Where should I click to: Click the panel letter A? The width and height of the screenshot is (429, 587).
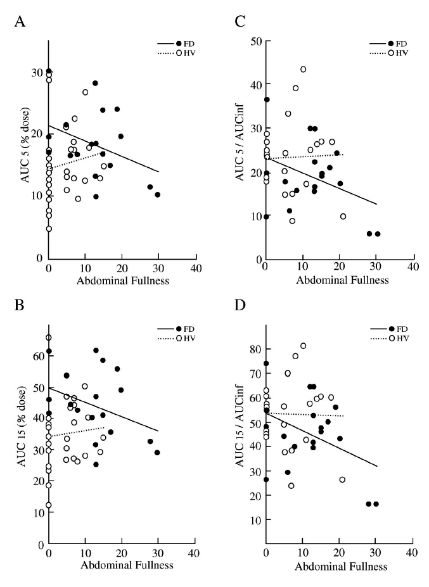20,23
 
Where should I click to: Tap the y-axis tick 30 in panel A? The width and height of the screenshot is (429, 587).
36,72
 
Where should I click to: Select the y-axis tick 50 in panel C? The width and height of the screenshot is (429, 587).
255,42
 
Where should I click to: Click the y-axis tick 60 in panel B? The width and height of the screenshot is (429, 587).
36,357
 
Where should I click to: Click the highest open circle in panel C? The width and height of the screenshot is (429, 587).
303,69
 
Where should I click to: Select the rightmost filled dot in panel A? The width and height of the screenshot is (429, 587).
158,194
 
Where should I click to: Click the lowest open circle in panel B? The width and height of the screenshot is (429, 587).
49,505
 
